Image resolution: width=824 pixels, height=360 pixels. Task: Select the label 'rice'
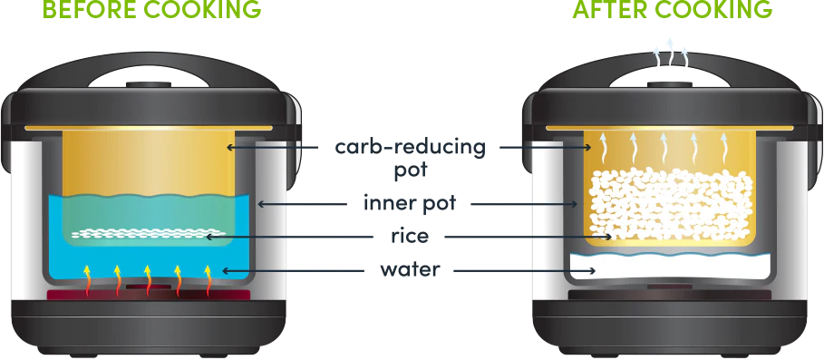tap(411, 237)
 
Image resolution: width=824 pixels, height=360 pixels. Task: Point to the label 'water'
tap(410, 270)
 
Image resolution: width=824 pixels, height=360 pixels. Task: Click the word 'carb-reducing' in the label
tap(410, 147)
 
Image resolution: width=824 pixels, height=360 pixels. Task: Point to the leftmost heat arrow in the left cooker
tap(88, 279)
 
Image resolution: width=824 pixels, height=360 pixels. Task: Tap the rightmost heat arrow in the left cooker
tap(208, 279)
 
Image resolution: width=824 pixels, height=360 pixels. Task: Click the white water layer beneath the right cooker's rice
tap(666, 266)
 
